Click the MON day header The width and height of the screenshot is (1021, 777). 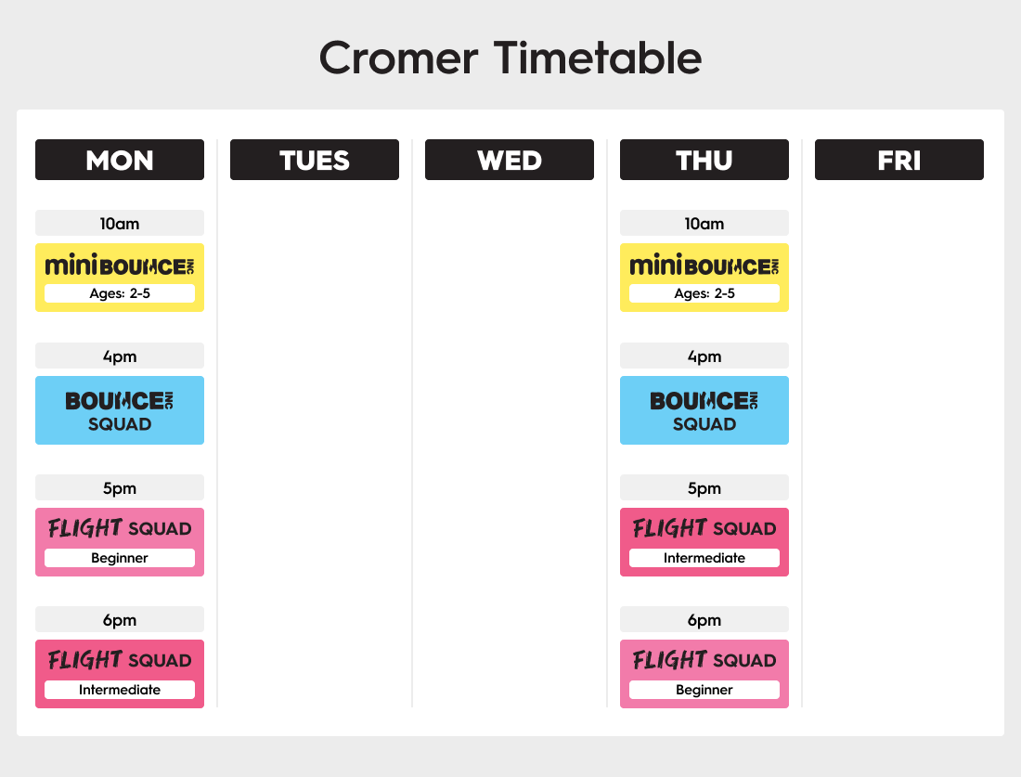[120, 160]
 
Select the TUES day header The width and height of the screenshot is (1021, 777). [315, 160]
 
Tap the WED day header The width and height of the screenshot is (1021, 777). [510, 160]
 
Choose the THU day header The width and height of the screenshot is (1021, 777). [704, 160]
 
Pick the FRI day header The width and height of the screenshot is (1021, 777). [899, 160]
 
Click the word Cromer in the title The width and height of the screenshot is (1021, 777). [398, 58]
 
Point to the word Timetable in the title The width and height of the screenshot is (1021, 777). [598, 58]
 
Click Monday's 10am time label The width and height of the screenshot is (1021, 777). [120, 223]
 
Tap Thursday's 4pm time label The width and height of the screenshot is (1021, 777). [704, 356]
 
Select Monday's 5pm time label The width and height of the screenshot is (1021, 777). [120, 487]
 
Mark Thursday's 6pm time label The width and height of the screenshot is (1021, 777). [704, 619]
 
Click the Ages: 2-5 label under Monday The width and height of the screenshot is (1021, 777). [120, 293]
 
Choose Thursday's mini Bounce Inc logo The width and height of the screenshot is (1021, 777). [704, 265]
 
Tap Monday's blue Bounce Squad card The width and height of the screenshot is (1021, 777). [120, 410]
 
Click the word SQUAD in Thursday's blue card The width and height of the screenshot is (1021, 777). [704, 424]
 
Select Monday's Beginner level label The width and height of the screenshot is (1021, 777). [120, 558]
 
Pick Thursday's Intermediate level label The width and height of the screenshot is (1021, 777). [704, 558]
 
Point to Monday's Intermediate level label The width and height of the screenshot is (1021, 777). [120, 690]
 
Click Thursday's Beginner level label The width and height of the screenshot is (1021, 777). [704, 690]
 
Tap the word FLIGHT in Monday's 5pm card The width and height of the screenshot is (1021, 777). [84, 527]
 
